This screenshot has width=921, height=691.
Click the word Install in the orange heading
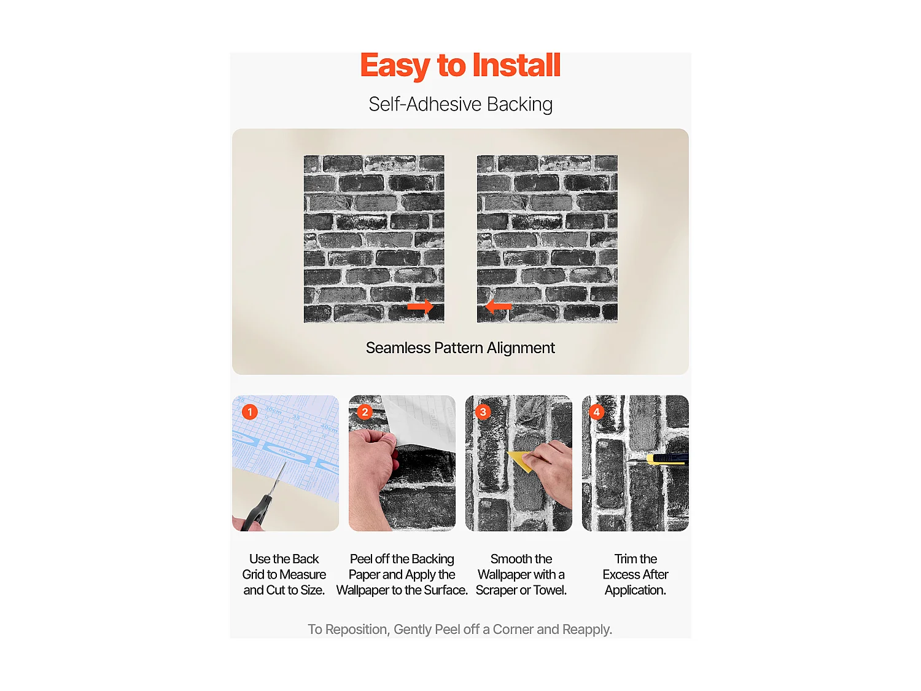coord(516,65)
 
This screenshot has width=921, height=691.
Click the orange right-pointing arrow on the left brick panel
coord(420,306)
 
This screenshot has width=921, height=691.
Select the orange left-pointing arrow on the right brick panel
coord(498,306)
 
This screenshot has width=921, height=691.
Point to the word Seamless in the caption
coord(398,348)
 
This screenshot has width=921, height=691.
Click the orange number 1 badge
coord(250,412)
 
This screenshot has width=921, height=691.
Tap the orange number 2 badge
coord(365,412)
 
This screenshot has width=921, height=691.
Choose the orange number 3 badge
coord(483,412)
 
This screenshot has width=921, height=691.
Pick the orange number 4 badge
coord(596,412)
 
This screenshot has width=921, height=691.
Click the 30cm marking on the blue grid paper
coord(274,410)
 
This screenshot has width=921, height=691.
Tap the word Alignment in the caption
coord(521,348)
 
